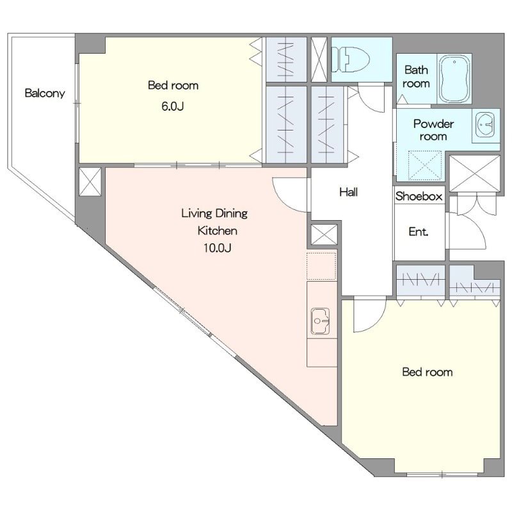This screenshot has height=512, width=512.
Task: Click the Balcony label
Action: click(45, 93)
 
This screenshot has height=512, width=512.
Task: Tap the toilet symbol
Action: click(350, 60)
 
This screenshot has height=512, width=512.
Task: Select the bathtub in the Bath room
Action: click(454, 78)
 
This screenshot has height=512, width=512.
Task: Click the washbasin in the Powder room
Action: click(485, 125)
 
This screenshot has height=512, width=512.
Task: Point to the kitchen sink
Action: click(320, 321)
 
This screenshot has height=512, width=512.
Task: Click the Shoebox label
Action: click(419, 196)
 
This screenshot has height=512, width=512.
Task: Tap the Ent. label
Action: click(419, 232)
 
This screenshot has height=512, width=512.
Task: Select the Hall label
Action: click(348, 192)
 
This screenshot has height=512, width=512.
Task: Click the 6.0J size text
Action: click(173, 106)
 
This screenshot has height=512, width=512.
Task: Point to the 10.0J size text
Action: click(218, 248)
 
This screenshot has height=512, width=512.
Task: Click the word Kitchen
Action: click(218, 231)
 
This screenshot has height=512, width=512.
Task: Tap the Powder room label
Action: click(433, 130)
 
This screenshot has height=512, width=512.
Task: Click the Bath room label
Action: click(416, 77)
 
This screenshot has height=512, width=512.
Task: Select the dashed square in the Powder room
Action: click(425, 164)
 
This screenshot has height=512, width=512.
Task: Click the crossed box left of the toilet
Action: click(319, 59)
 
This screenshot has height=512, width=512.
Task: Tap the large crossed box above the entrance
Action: click(474, 173)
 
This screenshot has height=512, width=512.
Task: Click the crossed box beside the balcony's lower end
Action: click(90, 182)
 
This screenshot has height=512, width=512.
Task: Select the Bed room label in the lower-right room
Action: click(428, 372)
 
